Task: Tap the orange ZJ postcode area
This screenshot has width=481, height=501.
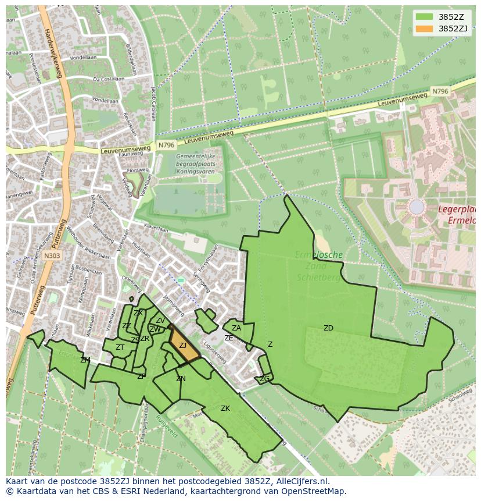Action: (x=182, y=346)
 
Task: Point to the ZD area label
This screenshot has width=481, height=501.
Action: (x=328, y=328)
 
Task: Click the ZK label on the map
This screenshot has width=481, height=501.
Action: (x=225, y=408)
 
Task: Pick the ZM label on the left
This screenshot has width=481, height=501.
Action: (x=85, y=360)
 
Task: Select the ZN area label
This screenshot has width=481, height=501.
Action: (x=181, y=379)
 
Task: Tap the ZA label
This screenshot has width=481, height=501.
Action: (x=236, y=328)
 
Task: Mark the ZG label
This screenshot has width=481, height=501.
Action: (x=264, y=379)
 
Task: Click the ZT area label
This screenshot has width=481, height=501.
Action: (x=120, y=347)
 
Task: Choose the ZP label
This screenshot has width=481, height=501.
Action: (x=141, y=376)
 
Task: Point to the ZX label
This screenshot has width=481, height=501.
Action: (x=138, y=313)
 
